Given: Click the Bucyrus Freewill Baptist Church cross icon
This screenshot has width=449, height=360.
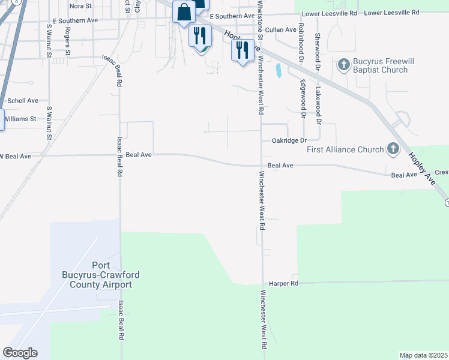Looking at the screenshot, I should [344, 63].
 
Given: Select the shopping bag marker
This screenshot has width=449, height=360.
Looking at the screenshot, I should [183, 11].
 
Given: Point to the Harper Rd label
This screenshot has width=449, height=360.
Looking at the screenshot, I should [283, 283].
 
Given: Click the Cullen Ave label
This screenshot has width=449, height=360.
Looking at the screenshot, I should [280, 29].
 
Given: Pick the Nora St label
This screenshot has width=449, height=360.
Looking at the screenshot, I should [80, 5].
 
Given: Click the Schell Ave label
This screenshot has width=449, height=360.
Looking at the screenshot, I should [23, 100].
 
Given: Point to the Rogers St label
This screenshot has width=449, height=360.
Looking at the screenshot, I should [68, 41].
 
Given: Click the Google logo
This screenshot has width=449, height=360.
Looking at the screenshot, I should [20, 353].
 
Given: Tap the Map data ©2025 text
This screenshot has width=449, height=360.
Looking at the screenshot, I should [423, 355].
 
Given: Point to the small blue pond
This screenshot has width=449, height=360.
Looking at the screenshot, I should [279, 71].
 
